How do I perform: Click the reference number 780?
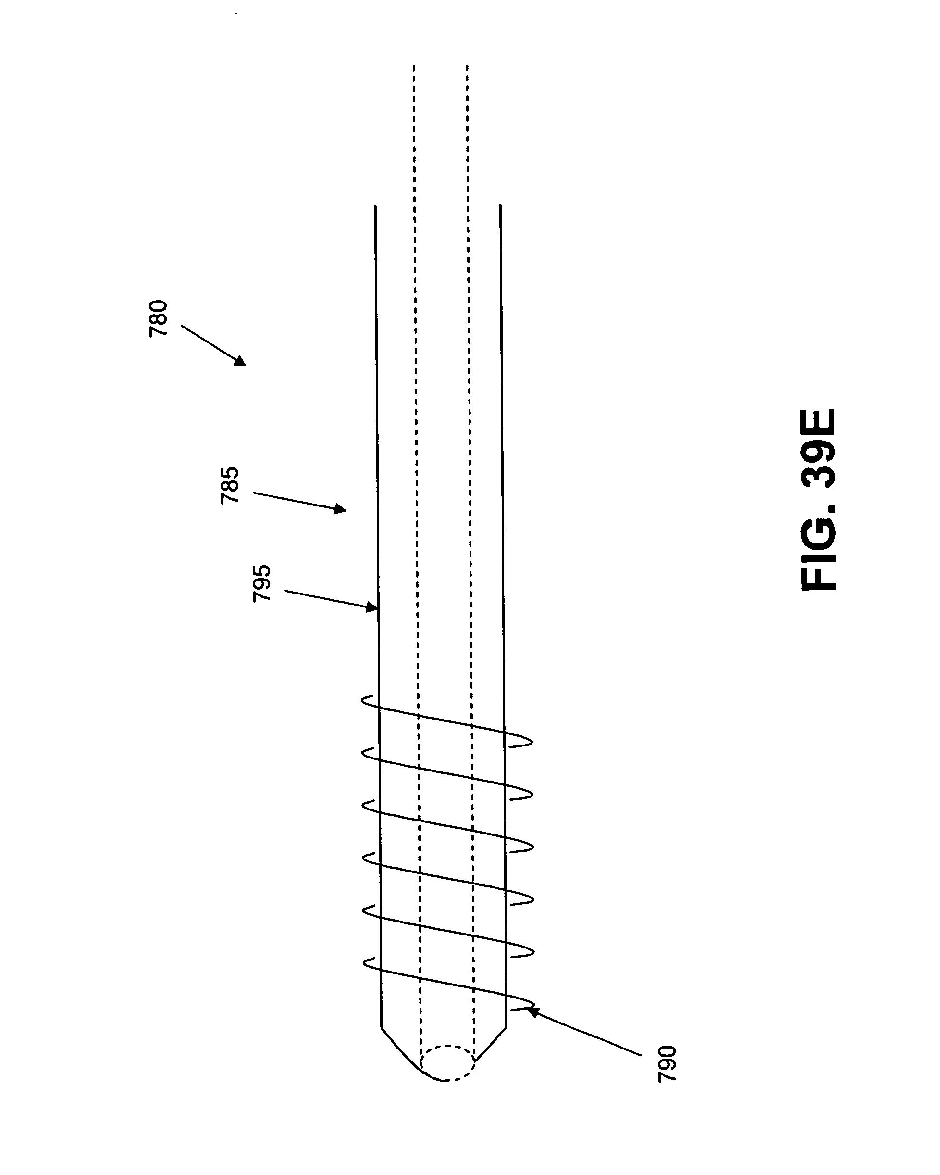click(158, 319)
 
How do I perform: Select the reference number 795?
click(261, 583)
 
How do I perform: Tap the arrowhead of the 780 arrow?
click(240, 361)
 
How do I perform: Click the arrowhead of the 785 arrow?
click(340, 509)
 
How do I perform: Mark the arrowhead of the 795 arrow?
click(371, 607)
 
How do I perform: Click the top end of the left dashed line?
click(413, 66)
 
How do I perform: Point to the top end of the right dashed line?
click(467, 66)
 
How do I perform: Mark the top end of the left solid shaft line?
click(375, 206)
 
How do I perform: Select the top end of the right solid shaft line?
click(500, 205)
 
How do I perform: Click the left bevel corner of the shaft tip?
click(381, 1028)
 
